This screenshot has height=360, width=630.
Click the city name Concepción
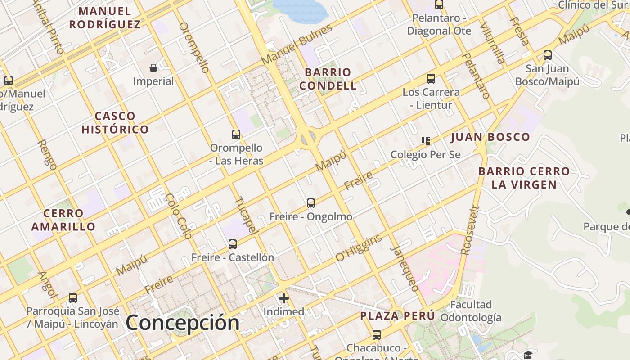click(182, 323)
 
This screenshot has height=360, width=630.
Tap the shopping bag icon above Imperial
click(153, 68)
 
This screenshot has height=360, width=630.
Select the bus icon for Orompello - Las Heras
click(236, 134)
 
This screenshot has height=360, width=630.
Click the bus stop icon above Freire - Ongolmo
click(311, 203)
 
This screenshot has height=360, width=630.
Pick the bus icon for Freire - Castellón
click(233, 244)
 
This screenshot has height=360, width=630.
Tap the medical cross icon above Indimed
click(284, 298)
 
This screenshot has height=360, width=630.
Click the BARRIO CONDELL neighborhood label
click(328, 79)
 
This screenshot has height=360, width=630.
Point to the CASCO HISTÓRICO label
click(115, 123)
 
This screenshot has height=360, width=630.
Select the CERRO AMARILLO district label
click(63, 220)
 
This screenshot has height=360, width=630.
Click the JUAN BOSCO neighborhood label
click(490, 137)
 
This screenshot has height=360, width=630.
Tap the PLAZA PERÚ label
click(398, 316)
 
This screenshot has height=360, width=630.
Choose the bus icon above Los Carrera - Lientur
click(431, 79)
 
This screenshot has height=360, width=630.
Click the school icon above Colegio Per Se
click(426, 141)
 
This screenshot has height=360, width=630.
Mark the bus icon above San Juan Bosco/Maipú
click(548, 55)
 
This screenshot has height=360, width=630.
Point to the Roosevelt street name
click(471, 231)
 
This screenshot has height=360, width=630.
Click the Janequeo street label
click(405, 269)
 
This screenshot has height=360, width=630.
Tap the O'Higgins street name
click(359, 247)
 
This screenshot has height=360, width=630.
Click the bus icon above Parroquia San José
click(73, 297)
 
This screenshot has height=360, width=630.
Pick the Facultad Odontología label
click(471, 311)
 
